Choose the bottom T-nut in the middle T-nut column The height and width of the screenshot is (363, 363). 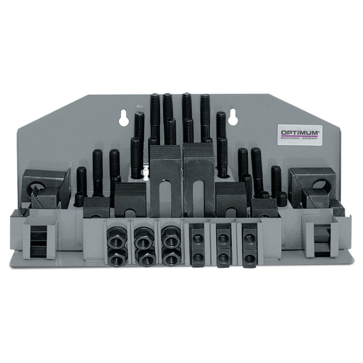tap(223, 259)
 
